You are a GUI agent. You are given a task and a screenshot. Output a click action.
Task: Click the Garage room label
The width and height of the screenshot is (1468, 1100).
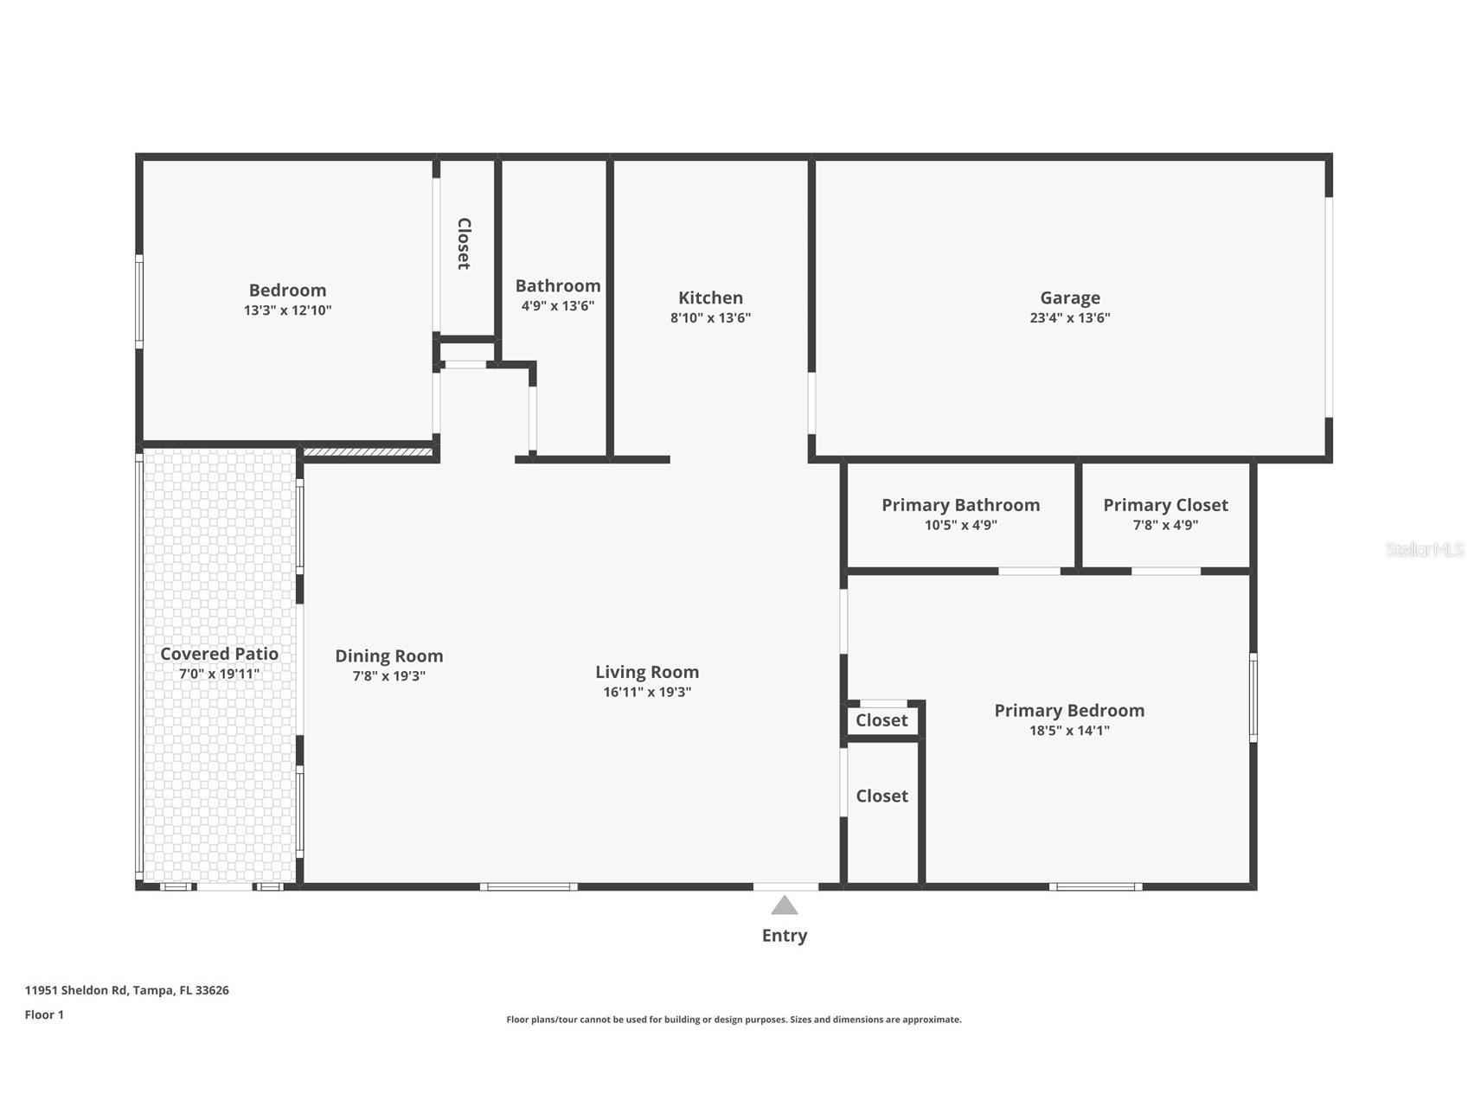1069,297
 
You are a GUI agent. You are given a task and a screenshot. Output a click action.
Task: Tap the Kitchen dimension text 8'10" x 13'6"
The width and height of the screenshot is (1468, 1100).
710,317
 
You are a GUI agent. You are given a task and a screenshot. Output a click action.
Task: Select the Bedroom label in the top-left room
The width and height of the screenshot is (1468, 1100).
287,290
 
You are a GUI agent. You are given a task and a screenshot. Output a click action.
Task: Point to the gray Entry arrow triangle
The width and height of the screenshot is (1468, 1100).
784,906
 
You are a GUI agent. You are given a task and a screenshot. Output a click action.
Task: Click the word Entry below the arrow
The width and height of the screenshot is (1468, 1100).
784,935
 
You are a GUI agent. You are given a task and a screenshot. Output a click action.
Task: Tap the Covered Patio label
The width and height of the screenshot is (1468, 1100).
219,654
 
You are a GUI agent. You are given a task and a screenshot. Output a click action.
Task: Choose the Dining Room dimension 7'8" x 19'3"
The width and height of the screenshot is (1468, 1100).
388,676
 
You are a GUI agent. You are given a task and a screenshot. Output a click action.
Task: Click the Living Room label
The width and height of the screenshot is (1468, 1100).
646,672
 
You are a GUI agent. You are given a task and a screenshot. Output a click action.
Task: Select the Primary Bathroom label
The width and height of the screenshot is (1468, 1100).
960,505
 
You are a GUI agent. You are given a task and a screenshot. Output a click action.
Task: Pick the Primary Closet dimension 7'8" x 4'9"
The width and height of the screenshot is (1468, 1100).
1165,525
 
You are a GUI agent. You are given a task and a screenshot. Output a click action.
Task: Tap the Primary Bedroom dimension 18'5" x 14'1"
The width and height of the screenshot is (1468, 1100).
1069,731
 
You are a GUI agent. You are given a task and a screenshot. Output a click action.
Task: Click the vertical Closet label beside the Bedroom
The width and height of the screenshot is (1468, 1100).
464,243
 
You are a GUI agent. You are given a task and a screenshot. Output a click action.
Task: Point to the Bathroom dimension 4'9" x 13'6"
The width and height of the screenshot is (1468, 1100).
557,306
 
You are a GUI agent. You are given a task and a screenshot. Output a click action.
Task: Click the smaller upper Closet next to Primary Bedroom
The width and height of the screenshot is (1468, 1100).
881,720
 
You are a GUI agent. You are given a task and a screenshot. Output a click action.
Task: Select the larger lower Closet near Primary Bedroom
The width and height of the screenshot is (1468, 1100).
881,796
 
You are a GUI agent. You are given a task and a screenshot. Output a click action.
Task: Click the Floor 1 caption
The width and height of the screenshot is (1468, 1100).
44,1014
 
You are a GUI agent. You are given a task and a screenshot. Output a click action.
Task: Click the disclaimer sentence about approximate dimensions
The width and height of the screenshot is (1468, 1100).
734,1020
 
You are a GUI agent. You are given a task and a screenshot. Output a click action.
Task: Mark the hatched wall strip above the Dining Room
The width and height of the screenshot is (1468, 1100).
368,451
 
